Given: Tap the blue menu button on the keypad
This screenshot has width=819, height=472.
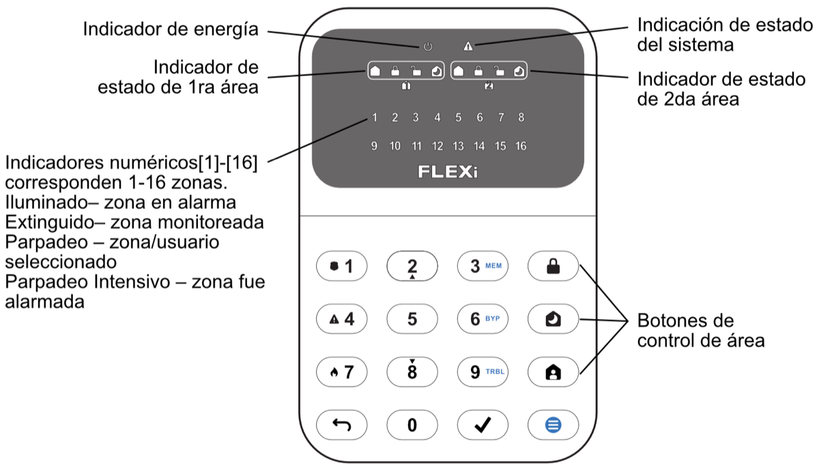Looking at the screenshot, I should (553, 425).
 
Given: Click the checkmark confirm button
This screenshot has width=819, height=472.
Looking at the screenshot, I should (483, 425).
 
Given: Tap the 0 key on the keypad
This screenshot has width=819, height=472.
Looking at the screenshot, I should (412, 425).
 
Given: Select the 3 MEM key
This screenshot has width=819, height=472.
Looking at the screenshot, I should (483, 266).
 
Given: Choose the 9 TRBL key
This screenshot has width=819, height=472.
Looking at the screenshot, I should (483, 372).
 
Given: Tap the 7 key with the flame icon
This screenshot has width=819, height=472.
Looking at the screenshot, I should (342, 372).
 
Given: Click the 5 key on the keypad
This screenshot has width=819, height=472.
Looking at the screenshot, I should (412, 319).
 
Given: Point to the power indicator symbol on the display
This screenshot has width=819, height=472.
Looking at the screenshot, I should (428, 47).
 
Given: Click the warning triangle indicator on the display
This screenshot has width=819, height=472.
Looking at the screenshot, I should (468, 47).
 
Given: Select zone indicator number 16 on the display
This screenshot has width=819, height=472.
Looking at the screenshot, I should (521, 146).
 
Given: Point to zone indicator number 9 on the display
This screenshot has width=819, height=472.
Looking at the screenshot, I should (373, 146).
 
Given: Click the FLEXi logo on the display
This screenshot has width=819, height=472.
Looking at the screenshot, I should (448, 172).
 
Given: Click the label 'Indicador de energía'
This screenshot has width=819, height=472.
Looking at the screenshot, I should (171, 29).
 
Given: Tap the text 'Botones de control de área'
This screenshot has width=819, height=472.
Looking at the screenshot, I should (700, 330).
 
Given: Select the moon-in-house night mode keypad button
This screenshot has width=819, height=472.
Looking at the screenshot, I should (553, 319).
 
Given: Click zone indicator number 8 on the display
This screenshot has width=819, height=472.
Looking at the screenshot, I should (521, 117).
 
